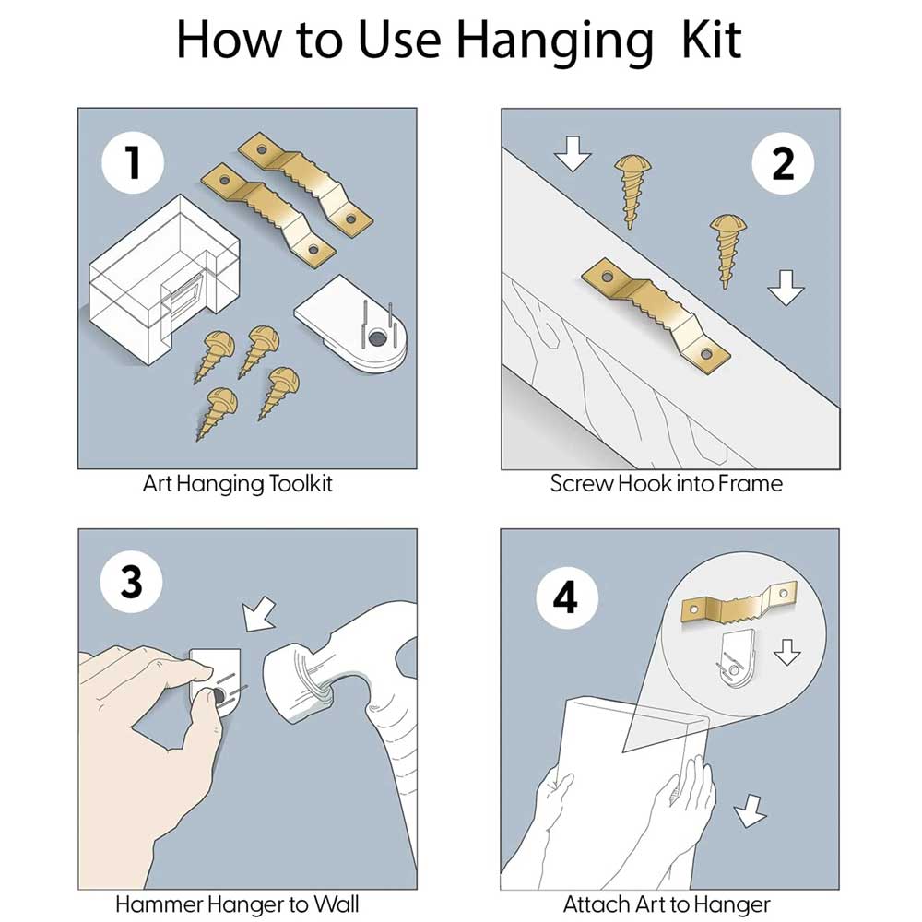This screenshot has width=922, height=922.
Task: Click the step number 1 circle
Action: (132, 162)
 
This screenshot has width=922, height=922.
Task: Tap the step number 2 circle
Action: (783, 163)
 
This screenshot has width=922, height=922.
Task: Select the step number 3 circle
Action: (131, 582)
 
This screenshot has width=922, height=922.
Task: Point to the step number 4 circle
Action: (567, 598)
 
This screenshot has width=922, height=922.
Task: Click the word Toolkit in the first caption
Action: (300, 484)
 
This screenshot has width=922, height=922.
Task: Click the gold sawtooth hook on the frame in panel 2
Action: (656, 312)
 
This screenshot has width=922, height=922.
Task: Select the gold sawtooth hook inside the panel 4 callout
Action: (739, 604)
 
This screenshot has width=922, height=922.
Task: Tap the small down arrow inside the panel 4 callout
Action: (786, 652)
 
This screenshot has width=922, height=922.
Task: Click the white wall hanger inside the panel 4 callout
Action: (737, 658)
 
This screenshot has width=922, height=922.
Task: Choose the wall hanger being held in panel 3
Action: (217, 681)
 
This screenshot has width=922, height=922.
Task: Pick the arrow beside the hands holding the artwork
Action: (751, 810)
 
